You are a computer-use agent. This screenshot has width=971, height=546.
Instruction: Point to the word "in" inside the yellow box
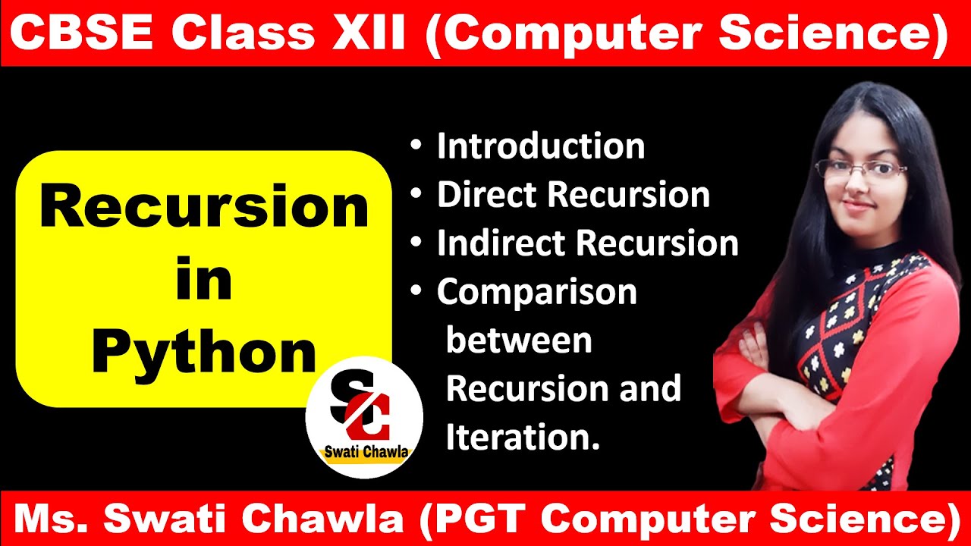pyautogui.click(x=204, y=279)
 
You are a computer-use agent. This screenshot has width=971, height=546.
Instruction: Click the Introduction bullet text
pyautogui.click(x=540, y=146)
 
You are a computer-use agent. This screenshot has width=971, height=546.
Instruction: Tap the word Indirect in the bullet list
pyautogui.click(x=501, y=243)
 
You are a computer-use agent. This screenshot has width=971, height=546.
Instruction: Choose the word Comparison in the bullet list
pyautogui.click(x=536, y=293)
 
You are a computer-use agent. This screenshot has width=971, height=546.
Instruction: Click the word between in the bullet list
pyautogui.click(x=519, y=340)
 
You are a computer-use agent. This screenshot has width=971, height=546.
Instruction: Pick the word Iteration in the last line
pyautogui.click(x=523, y=438)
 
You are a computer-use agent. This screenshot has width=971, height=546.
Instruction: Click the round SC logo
pyautogui.click(x=364, y=417)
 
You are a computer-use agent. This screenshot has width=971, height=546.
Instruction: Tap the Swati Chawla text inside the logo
pyautogui.click(x=366, y=453)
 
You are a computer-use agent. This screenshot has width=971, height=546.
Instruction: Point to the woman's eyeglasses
pyautogui.click(x=861, y=171)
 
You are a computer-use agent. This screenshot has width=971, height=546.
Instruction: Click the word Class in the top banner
pyautogui.click(x=244, y=33)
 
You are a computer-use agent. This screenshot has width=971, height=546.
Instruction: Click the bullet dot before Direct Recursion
pyautogui.click(x=416, y=195)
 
